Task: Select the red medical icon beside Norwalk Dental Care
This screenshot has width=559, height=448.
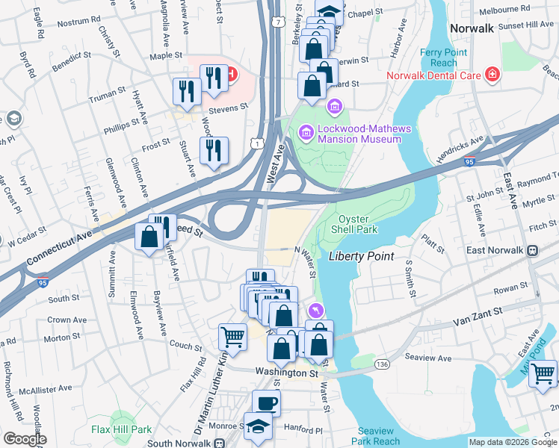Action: click(x=492, y=74)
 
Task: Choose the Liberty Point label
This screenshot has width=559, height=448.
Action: click(x=361, y=256)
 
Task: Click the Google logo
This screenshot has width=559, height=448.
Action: click(x=25, y=439)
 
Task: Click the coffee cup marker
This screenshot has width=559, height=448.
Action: click(x=267, y=403)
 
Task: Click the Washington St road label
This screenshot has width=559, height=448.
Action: click(x=286, y=372)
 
